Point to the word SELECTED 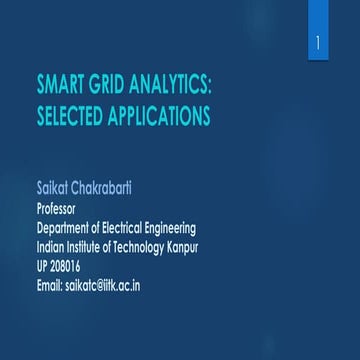tap(73, 109)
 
